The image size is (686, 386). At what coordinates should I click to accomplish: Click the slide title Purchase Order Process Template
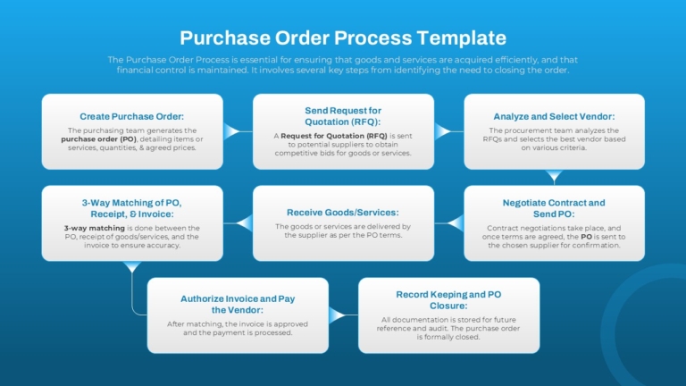coord(343,38)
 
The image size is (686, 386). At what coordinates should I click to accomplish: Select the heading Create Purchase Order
coord(132,116)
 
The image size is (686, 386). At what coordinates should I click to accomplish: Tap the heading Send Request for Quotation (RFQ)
coord(343,116)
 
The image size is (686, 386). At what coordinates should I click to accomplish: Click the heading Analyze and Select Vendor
coord(554,116)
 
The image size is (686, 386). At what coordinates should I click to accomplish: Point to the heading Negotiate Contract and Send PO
coord(554,208)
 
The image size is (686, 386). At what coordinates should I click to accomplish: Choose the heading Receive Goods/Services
coord(343,213)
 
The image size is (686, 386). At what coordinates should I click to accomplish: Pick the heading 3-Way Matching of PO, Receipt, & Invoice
coord(132,208)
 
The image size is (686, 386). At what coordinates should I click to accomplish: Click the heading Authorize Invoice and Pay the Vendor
coord(238,305)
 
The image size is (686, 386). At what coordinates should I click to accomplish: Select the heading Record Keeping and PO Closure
coord(448,298)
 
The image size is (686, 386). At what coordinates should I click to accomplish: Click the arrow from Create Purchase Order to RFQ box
coord(233,132)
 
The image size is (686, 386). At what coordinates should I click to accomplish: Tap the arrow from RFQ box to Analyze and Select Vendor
coord(443,132)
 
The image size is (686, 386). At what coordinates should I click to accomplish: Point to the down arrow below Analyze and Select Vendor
coord(554,176)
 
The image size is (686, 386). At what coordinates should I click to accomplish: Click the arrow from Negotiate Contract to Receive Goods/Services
coord(454,222)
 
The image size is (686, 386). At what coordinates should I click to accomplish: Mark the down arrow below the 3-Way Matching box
coord(132,267)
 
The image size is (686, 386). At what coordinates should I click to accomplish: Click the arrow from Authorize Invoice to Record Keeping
coord(339,315)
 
